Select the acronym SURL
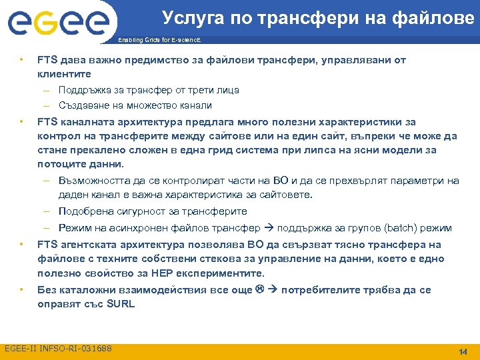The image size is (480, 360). point(120,304)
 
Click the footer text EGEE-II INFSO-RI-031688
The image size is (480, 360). point(58,349)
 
